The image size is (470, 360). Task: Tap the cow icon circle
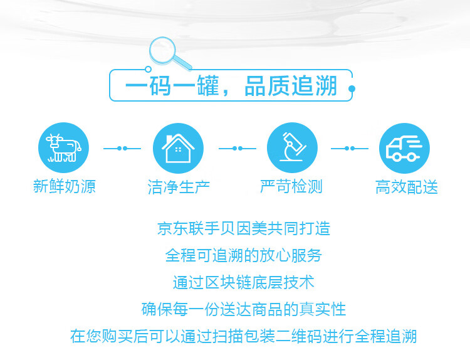pyautogui.click(x=63, y=147)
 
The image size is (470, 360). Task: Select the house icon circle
pyautogui.click(x=178, y=148)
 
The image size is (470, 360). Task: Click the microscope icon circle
pyautogui.click(x=292, y=147)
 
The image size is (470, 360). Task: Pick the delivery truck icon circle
pyautogui.click(x=404, y=148)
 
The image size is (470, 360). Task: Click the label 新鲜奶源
pyautogui.click(x=64, y=186)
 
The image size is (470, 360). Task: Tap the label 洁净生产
pyautogui.click(x=179, y=187)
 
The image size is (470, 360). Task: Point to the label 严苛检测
pyautogui.click(x=291, y=186)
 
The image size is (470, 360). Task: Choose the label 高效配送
pyautogui.click(x=407, y=187)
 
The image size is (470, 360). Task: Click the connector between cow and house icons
pyautogui.click(x=122, y=148)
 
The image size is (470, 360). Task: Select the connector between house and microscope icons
pyautogui.click(x=238, y=148)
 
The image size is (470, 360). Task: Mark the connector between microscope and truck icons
pyautogui.click(x=350, y=148)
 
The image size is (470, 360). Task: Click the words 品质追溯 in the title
pyautogui.click(x=291, y=86)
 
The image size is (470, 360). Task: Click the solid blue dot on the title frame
pyautogui.click(x=352, y=88)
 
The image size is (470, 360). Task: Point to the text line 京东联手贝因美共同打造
pyautogui.click(x=244, y=228)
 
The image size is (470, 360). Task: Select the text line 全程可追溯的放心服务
pyautogui.click(x=244, y=255)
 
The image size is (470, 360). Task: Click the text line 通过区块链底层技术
pyautogui.click(x=244, y=282)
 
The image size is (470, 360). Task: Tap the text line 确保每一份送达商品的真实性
pyautogui.click(x=244, y=309)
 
